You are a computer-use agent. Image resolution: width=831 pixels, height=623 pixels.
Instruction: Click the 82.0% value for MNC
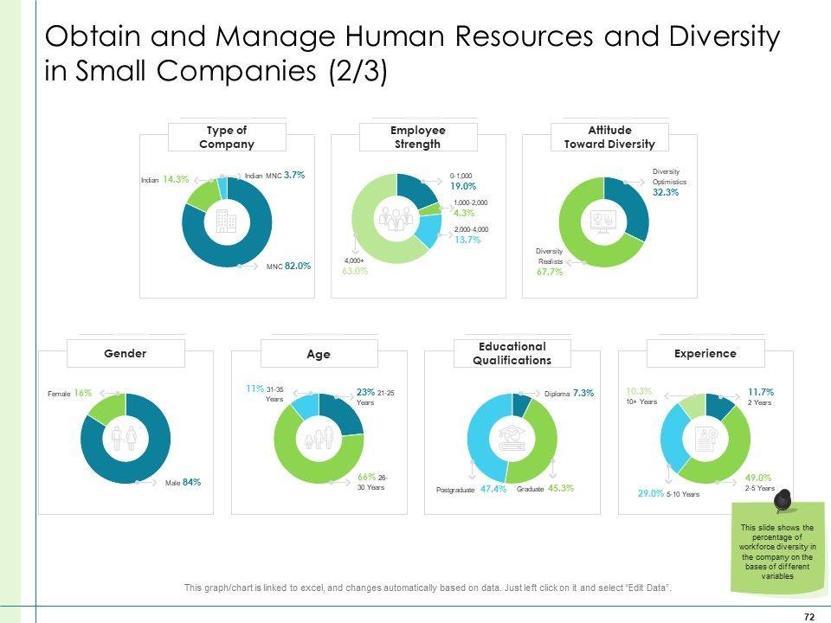298,267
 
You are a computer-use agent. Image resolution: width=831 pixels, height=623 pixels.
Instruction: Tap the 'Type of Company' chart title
227,138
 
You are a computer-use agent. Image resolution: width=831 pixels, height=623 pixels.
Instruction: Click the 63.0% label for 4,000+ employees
355,271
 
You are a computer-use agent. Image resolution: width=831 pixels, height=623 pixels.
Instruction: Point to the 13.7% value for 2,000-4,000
467,240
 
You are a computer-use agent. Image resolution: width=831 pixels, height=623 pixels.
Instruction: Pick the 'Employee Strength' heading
418,138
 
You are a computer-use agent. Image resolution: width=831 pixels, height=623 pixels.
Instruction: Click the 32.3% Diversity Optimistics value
666,193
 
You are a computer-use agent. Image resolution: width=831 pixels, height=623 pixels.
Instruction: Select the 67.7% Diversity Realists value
550,271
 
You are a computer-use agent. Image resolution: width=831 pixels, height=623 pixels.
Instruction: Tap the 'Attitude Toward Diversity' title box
609,138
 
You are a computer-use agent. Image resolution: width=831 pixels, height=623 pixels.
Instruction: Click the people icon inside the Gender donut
125,438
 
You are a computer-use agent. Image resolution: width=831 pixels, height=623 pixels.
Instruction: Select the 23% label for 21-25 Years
364,391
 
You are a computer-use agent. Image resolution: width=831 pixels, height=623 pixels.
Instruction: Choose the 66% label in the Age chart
366,477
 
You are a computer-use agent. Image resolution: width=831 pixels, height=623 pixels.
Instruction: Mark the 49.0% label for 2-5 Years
735,477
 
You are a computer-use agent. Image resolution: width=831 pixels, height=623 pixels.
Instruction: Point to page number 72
809,616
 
